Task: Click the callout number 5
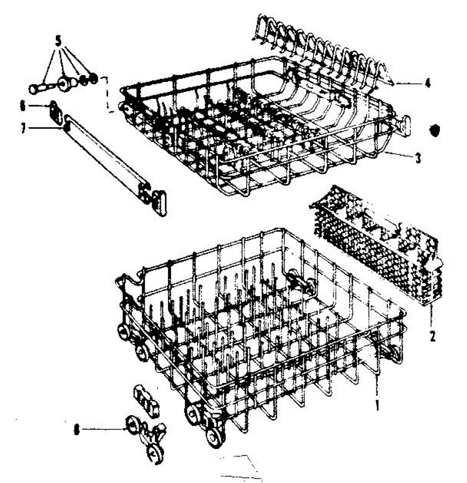click(x=58, y=41)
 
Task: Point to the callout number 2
click(x=432, y=336)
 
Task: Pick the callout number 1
click(x=377, y=405)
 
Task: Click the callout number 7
click(x=23, y=128)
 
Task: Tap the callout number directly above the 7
click(x=23, y=106)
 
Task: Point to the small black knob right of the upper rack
click(x=434, y=130)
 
